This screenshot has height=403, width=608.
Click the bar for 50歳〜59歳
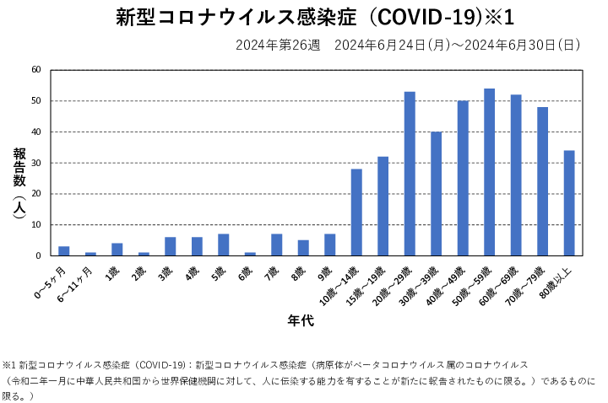click(x=490, y=172)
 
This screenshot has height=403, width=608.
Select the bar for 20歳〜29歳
click(x=410, y=174)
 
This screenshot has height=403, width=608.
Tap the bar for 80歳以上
click(x=569, y=203)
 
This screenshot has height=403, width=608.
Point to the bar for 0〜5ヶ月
click(x=64, y=251)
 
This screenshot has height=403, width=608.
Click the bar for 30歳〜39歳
click(x=437, y=194)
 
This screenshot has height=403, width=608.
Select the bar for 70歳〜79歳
click(x=543, y=181)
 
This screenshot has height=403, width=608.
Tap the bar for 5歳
click(x=224, y=245)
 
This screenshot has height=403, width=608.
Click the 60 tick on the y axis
click(x=36, y=70)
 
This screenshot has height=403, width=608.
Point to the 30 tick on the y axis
click(x=36, y=163)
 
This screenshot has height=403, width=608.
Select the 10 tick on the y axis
click(x=36, y=225)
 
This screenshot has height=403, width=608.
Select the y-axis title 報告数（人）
click(x=19, y=184)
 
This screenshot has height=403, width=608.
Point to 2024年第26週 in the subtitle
click(x=278, y=45)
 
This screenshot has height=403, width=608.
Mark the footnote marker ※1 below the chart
click(x=10, y=364)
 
